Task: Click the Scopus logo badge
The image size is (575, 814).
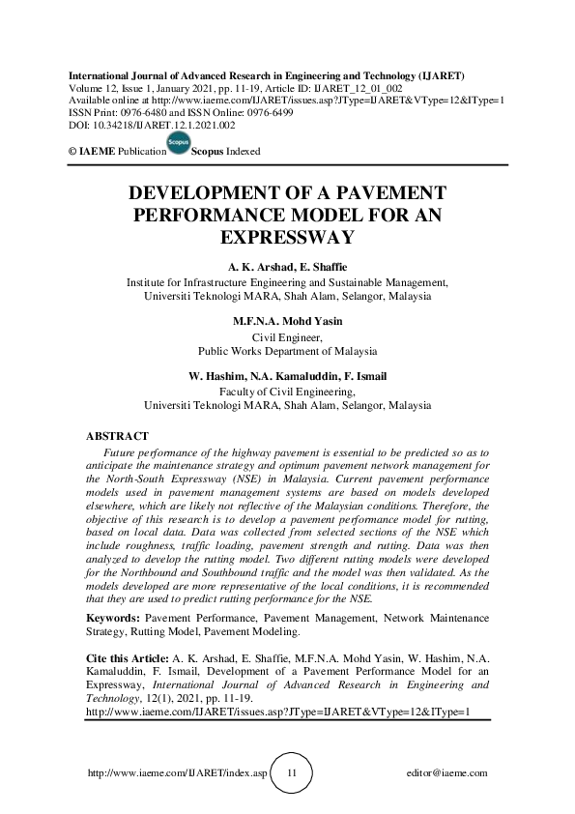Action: tap(178, 144)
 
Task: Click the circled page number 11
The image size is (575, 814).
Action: tap(292, 773)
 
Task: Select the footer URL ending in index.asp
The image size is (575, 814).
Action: tap(177, 773)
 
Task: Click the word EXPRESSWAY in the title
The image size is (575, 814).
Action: tap(287, 236)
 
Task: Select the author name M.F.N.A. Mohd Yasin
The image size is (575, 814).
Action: tap(287, 321)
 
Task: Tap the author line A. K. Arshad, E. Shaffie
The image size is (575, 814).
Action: tap(287, 266)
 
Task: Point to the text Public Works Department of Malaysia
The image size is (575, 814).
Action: tap(287, 351)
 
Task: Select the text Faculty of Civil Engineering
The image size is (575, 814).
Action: tap(287, 392)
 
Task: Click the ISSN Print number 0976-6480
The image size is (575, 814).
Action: tap(159, 113)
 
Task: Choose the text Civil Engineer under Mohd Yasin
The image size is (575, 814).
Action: tap(287, 337)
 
